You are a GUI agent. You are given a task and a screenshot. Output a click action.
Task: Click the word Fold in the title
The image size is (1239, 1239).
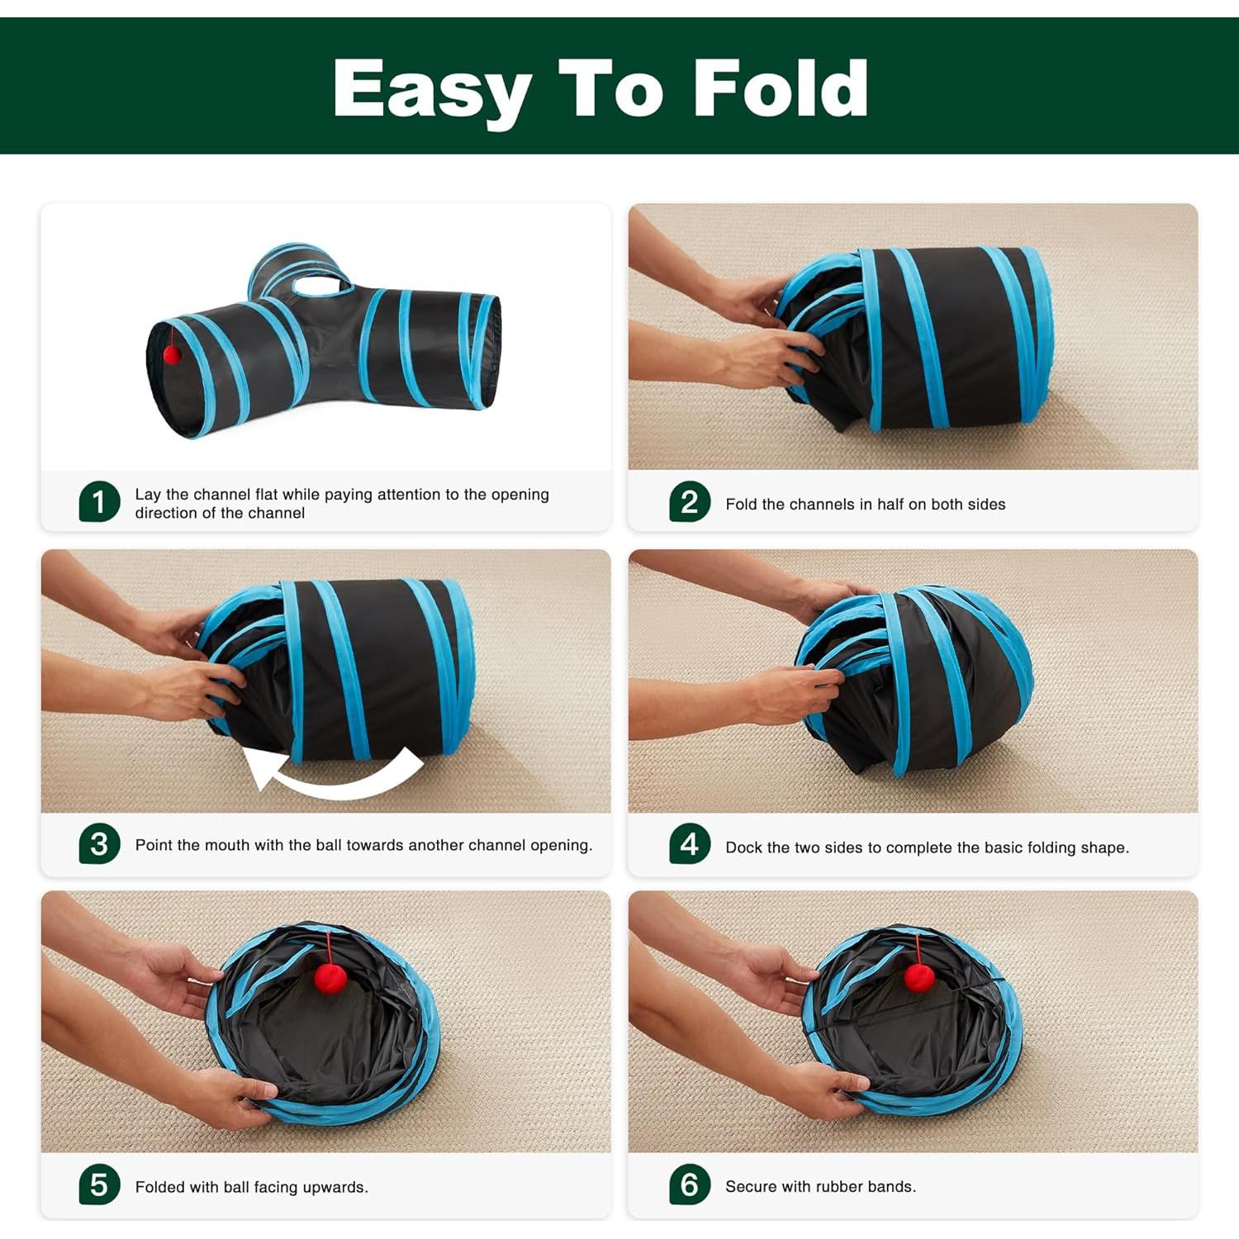coord(781,89)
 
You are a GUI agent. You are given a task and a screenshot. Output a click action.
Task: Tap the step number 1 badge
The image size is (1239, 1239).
coord(99,501)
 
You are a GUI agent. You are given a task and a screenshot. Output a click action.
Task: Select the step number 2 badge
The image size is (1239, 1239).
coord(690,501)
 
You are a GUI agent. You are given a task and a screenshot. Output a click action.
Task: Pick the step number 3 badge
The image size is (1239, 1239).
coord(99,843)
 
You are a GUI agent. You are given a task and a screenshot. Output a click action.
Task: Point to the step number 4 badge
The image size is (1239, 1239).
coord(690,843)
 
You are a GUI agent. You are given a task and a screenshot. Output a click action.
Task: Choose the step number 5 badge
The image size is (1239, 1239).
coord(99,1184)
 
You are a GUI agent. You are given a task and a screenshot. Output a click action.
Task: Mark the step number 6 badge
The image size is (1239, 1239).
coord(690,1184)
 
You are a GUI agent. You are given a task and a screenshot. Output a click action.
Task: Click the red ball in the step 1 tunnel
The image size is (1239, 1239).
coord(172,354)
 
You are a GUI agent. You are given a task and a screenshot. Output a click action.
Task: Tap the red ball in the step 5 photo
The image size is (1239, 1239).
coord(330,980)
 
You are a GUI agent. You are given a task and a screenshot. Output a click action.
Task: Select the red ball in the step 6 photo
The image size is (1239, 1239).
coord(919,976)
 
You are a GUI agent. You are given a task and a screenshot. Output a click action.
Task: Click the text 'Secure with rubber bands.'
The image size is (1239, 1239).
coord(820,1186)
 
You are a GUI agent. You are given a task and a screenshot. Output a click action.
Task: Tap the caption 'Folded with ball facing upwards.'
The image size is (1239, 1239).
coord(251,1187)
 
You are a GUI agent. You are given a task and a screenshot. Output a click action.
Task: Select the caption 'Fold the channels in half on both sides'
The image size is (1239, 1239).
coord(865,504)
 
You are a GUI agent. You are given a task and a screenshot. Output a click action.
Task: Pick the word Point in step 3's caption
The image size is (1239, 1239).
coord(154,845)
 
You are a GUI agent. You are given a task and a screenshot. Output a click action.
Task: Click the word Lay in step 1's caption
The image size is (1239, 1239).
coord(147,494)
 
